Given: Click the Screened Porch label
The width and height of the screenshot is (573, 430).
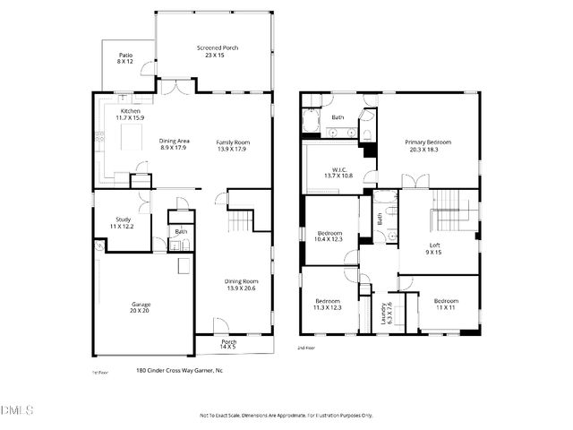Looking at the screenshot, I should [x=217, y=52].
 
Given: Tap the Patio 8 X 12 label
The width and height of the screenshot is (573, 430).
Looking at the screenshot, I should [x=124, y=59].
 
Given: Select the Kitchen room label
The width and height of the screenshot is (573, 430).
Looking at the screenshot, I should [x=130, y=114].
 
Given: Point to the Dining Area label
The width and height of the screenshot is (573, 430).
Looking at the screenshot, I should [x=175, y=145].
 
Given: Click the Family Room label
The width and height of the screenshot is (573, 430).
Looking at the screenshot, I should [x=232, y=145].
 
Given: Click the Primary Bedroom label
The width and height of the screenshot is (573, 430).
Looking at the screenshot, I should [x=427, y=146].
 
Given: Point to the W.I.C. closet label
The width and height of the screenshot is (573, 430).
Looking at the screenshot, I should [x=338, y=171].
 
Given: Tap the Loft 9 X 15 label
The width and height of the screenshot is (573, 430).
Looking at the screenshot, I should [x=433, y=249].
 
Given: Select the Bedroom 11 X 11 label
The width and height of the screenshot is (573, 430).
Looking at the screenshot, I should [x=445, y=304].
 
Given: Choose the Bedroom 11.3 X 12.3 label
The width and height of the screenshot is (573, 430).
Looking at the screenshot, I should [x=326, y=304].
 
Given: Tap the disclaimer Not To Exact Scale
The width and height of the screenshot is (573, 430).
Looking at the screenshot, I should [x=286, y=415].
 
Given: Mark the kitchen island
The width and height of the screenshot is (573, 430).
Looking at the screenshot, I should [x=121, y=134].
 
